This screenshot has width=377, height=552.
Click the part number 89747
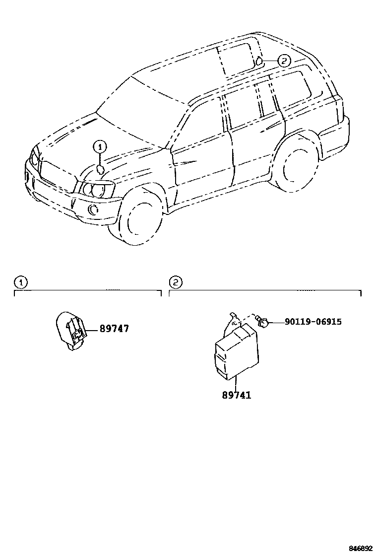(114, 329)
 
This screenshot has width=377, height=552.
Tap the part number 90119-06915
(313, 322)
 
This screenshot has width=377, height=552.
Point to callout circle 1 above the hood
(100, 146)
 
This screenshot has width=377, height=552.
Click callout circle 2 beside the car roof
(282, 62)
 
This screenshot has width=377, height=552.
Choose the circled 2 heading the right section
(176, 283)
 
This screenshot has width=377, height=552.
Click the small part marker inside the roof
(258, 62)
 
